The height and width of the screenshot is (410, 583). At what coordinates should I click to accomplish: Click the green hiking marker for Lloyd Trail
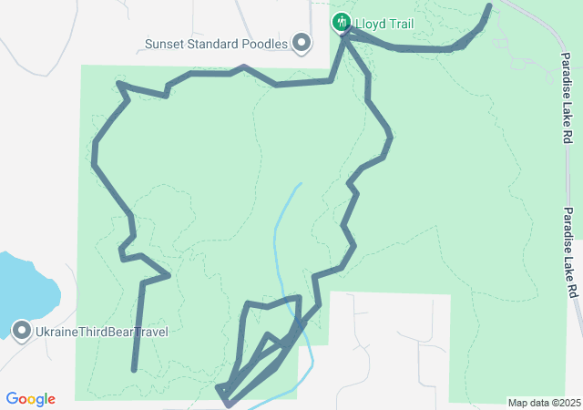click(x=342, y=21)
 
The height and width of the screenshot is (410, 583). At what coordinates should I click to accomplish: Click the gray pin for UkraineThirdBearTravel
click(x=22, y=331)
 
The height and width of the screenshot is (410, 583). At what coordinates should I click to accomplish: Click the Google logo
click(x=30, y=399)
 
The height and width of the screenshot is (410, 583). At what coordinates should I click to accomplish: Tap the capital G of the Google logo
click(x=12, y=399)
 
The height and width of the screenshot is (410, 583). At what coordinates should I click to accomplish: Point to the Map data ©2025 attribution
click(x=544, y=403)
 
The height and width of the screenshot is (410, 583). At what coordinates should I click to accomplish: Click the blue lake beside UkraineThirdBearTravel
click(x=23, y=287)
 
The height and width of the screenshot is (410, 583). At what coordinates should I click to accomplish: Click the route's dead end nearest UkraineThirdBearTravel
click(x=134, y=370)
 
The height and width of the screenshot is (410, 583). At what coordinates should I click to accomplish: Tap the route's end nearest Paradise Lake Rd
click(x=489, y=6)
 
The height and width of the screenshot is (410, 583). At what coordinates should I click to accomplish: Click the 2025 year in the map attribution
click(x=569, y=403)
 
